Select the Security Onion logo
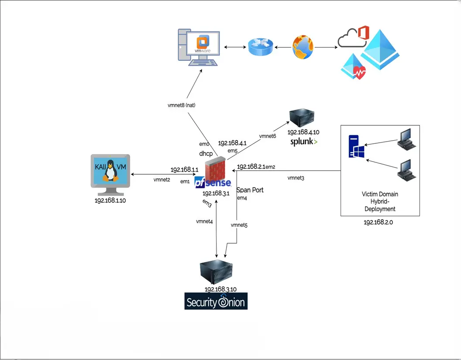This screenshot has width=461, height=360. click(x=216, y=301)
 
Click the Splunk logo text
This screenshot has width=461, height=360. click(x=303, y=142)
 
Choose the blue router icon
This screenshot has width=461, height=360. click(x=260, y=47)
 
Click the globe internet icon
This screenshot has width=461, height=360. click(x=303, y=47)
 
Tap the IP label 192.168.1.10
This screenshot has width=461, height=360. click(x=110, y=201)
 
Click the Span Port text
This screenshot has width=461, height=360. click(x=250, y=190)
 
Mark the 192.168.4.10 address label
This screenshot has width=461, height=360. click(x=303, y=132)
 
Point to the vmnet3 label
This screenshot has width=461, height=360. click(x=296, y=178)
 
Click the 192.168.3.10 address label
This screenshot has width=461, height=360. click(x=220, y=289)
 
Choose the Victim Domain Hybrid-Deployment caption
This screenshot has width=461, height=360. click(x=380, y=201)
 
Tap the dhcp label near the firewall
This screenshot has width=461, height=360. click(x=206, y=154)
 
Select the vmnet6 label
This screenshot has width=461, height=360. click(x=268, y=136)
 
